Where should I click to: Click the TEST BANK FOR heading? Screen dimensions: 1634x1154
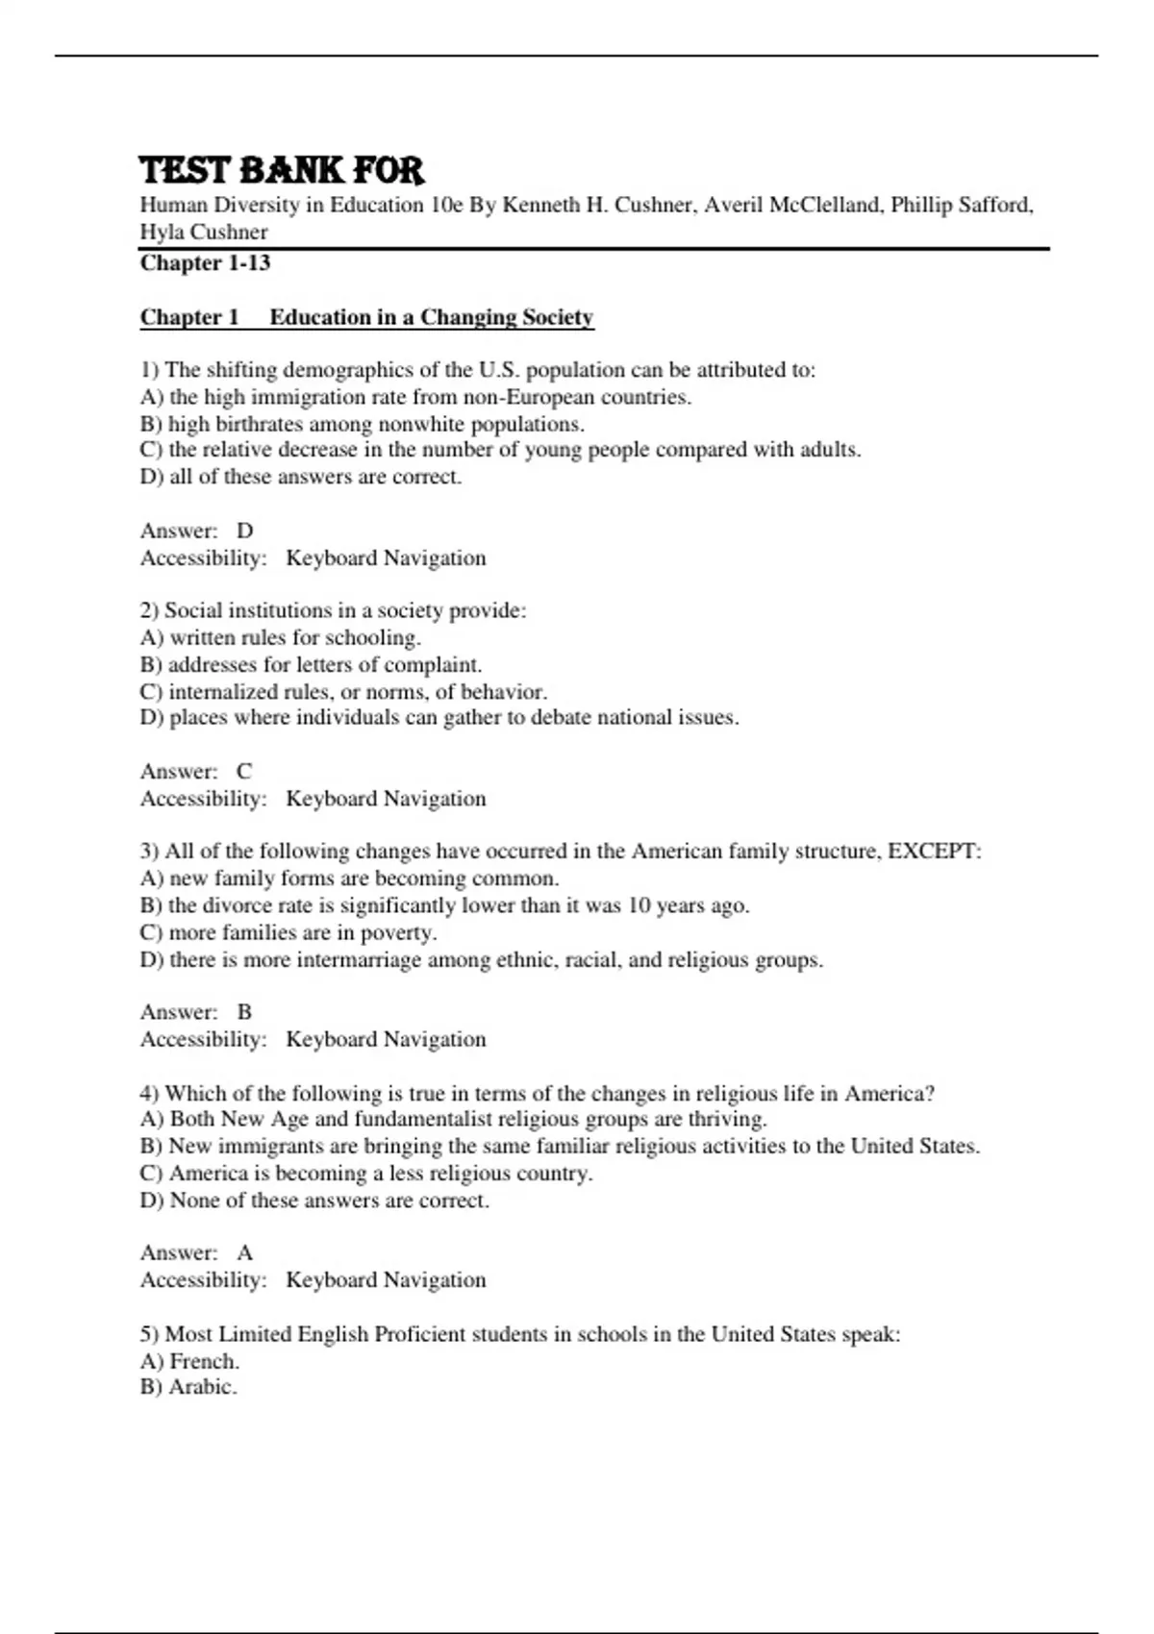click(281, 171)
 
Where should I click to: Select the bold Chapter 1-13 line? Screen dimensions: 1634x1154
click(205, 263)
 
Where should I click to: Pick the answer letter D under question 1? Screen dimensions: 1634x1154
click(245, 531)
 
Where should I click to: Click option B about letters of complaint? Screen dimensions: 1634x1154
click(311, 664)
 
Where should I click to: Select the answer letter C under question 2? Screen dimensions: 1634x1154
click(244, 771)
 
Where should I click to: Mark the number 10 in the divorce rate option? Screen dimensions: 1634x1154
click(640, 905)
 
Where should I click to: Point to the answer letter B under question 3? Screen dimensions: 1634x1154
click(244, 1012)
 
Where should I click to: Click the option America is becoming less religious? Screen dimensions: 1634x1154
click(365, 1173)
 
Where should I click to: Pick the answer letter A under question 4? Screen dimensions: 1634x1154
click(245, 1252)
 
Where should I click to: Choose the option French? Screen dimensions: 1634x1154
click(189, 1361)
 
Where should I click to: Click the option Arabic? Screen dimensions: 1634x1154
click(188, 1387)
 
